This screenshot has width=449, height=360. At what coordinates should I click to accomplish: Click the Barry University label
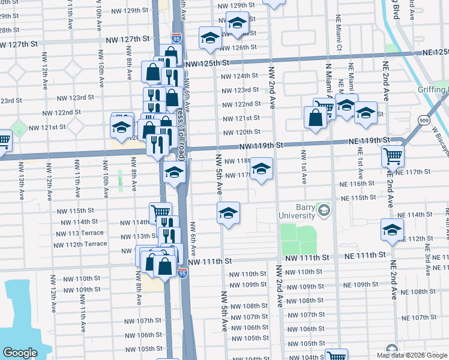pos(297,211)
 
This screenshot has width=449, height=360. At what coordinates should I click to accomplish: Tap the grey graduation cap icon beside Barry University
pos(324,210)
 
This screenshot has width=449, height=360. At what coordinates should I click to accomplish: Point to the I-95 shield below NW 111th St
pos(182,273)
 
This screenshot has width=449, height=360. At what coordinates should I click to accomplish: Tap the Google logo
pos(20,353)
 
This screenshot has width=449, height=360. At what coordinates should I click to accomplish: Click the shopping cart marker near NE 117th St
pos(393,156)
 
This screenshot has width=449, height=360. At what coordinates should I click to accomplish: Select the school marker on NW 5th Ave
pos(228,212)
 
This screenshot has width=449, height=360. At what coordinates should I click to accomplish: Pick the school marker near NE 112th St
pos(393,229)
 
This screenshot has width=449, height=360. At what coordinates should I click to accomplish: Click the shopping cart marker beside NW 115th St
pos(160,212)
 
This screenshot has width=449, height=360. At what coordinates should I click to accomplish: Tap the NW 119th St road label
pos(260,145)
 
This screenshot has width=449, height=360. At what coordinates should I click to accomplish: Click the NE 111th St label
pos(364,256)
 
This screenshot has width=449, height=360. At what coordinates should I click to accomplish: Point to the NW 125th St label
pos(208,63)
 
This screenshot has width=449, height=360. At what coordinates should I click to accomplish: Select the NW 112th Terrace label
pos(80,244)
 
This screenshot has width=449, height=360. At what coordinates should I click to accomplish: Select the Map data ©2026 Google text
pos(411,355)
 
